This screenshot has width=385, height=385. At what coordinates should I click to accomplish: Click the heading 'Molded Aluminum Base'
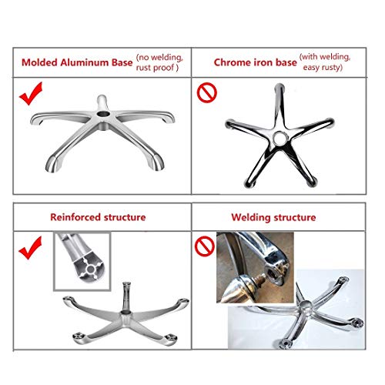(x=77, y=62)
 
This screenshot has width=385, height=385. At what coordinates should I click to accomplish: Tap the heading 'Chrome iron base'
(x=255, y=62)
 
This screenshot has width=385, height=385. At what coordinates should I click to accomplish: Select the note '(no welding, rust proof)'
(x=159, y=62)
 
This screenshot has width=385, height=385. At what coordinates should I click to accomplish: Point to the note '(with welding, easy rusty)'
(x=325, y=62)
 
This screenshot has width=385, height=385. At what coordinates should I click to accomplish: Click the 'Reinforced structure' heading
(x=98, y=217)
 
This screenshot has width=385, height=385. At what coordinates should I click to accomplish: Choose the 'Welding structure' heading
(x=273, y=217)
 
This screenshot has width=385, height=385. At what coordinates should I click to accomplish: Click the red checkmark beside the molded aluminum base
(x=31, y=93)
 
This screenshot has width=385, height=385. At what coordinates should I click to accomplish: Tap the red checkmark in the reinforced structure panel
(x=30, y=248)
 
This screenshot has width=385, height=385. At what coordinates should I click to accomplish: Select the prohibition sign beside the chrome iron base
(x=207, y=92)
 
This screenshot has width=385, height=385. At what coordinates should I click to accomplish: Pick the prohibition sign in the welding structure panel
(x=205, y=246)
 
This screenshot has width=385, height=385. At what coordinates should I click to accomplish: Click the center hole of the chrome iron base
(x=280, y=138)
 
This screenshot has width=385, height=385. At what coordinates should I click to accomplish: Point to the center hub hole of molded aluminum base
(x=103, y=113)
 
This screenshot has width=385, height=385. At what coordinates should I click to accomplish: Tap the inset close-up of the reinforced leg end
(x=82, y=261)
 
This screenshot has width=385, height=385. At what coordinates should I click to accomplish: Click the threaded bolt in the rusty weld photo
(x=260, y=278)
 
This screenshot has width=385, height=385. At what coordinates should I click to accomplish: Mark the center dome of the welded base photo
(x=306, y=306)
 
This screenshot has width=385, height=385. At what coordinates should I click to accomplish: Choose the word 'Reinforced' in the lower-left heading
(x=74, y=217)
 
